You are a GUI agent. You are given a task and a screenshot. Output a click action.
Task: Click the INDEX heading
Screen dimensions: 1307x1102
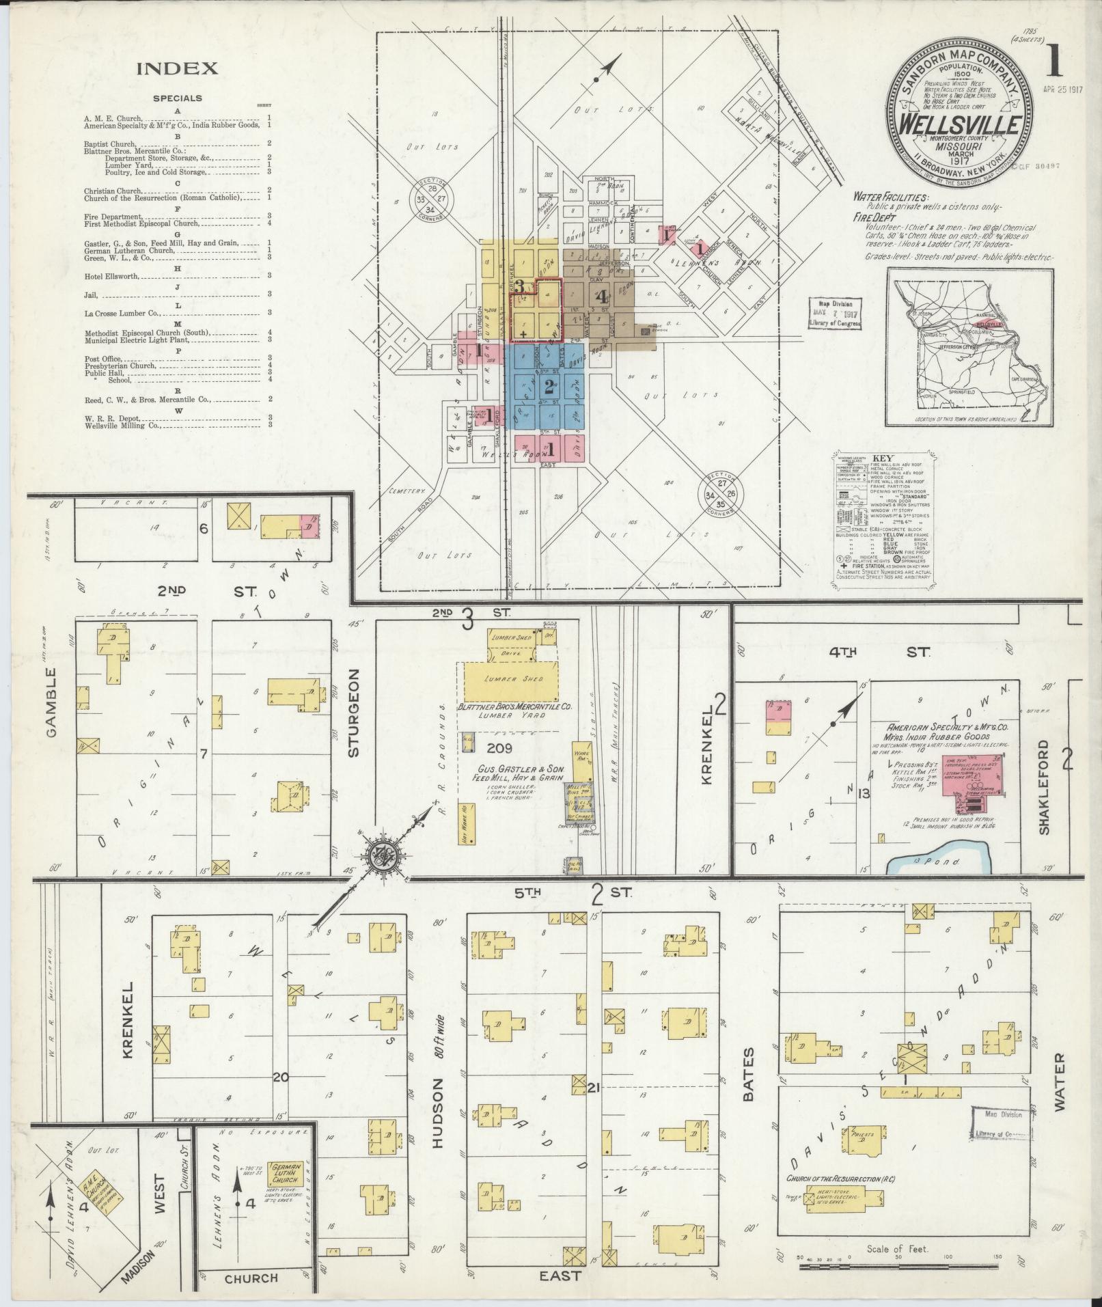177,68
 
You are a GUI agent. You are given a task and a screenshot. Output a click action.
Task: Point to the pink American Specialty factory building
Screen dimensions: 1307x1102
972,774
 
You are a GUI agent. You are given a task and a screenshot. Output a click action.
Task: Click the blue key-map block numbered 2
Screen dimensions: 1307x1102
547,387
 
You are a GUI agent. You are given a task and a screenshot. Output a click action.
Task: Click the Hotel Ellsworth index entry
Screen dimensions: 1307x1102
112,276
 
